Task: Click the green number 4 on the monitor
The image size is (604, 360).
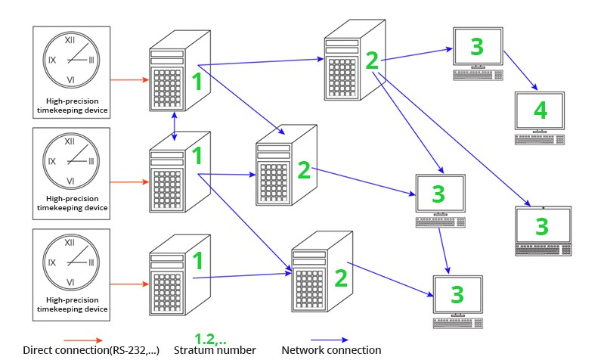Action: tap(540, 111)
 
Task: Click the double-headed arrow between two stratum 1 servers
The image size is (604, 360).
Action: tap(175, 124)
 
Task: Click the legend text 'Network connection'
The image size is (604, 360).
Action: tap(331, 350)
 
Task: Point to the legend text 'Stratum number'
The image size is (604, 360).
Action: tap(215, 350)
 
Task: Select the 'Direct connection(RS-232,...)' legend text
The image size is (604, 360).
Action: tap(91, 350)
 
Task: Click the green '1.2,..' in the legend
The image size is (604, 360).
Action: tap(210, 337)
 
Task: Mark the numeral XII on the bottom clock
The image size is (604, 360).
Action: tap(69, 242)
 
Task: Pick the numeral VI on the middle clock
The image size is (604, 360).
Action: tap(69, 181)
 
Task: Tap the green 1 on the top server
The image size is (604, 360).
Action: tap(197, 82)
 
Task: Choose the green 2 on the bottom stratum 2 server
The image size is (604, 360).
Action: tap(340, 278)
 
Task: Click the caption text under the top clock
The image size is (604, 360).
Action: tap(72, 105)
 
